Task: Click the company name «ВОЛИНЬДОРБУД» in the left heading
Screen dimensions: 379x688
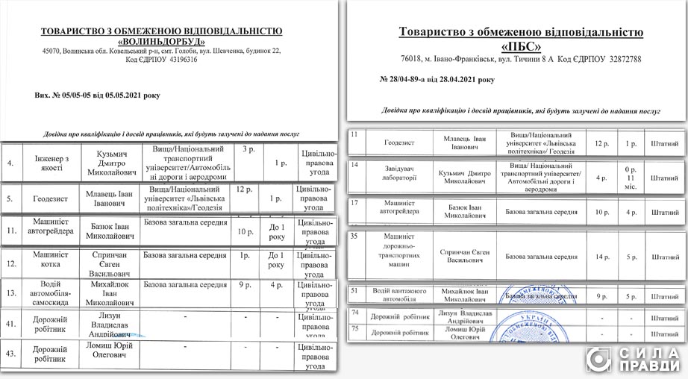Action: coord(162,42)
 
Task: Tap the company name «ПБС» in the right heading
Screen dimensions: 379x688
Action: coord(521,45)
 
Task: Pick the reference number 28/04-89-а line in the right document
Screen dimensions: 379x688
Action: coord(437,78)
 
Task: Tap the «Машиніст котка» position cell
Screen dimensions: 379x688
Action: coord(46,260)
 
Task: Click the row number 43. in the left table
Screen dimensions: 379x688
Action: coord(10,352)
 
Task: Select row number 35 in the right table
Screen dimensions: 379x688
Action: coord(355,237)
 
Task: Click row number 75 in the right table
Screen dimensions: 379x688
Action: coord(354,328)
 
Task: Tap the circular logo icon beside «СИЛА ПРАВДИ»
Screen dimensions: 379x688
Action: coord(599,359)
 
